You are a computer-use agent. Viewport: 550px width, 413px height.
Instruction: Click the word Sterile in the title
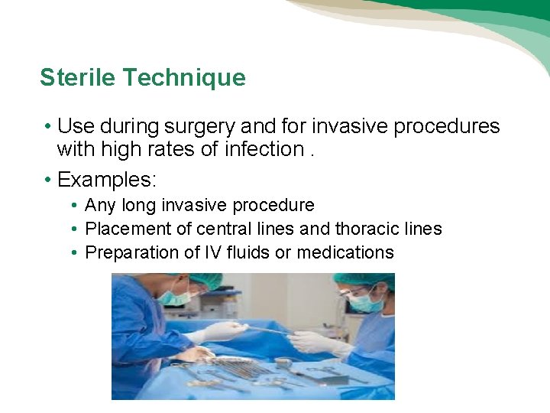coord(78,78)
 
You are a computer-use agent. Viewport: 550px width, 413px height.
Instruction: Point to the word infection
coord(264,149)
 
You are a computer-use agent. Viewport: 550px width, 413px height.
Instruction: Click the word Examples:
coord(107,180)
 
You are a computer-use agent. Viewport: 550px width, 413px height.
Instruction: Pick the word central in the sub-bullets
coord(222,229)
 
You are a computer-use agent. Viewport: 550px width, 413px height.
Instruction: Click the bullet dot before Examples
coord(47,180)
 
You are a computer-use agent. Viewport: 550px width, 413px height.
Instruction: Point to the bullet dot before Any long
coord(74,205)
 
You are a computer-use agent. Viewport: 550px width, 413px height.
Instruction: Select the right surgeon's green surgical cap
coord(364,281)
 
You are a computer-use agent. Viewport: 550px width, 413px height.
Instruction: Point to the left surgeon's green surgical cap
coord(203,280)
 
